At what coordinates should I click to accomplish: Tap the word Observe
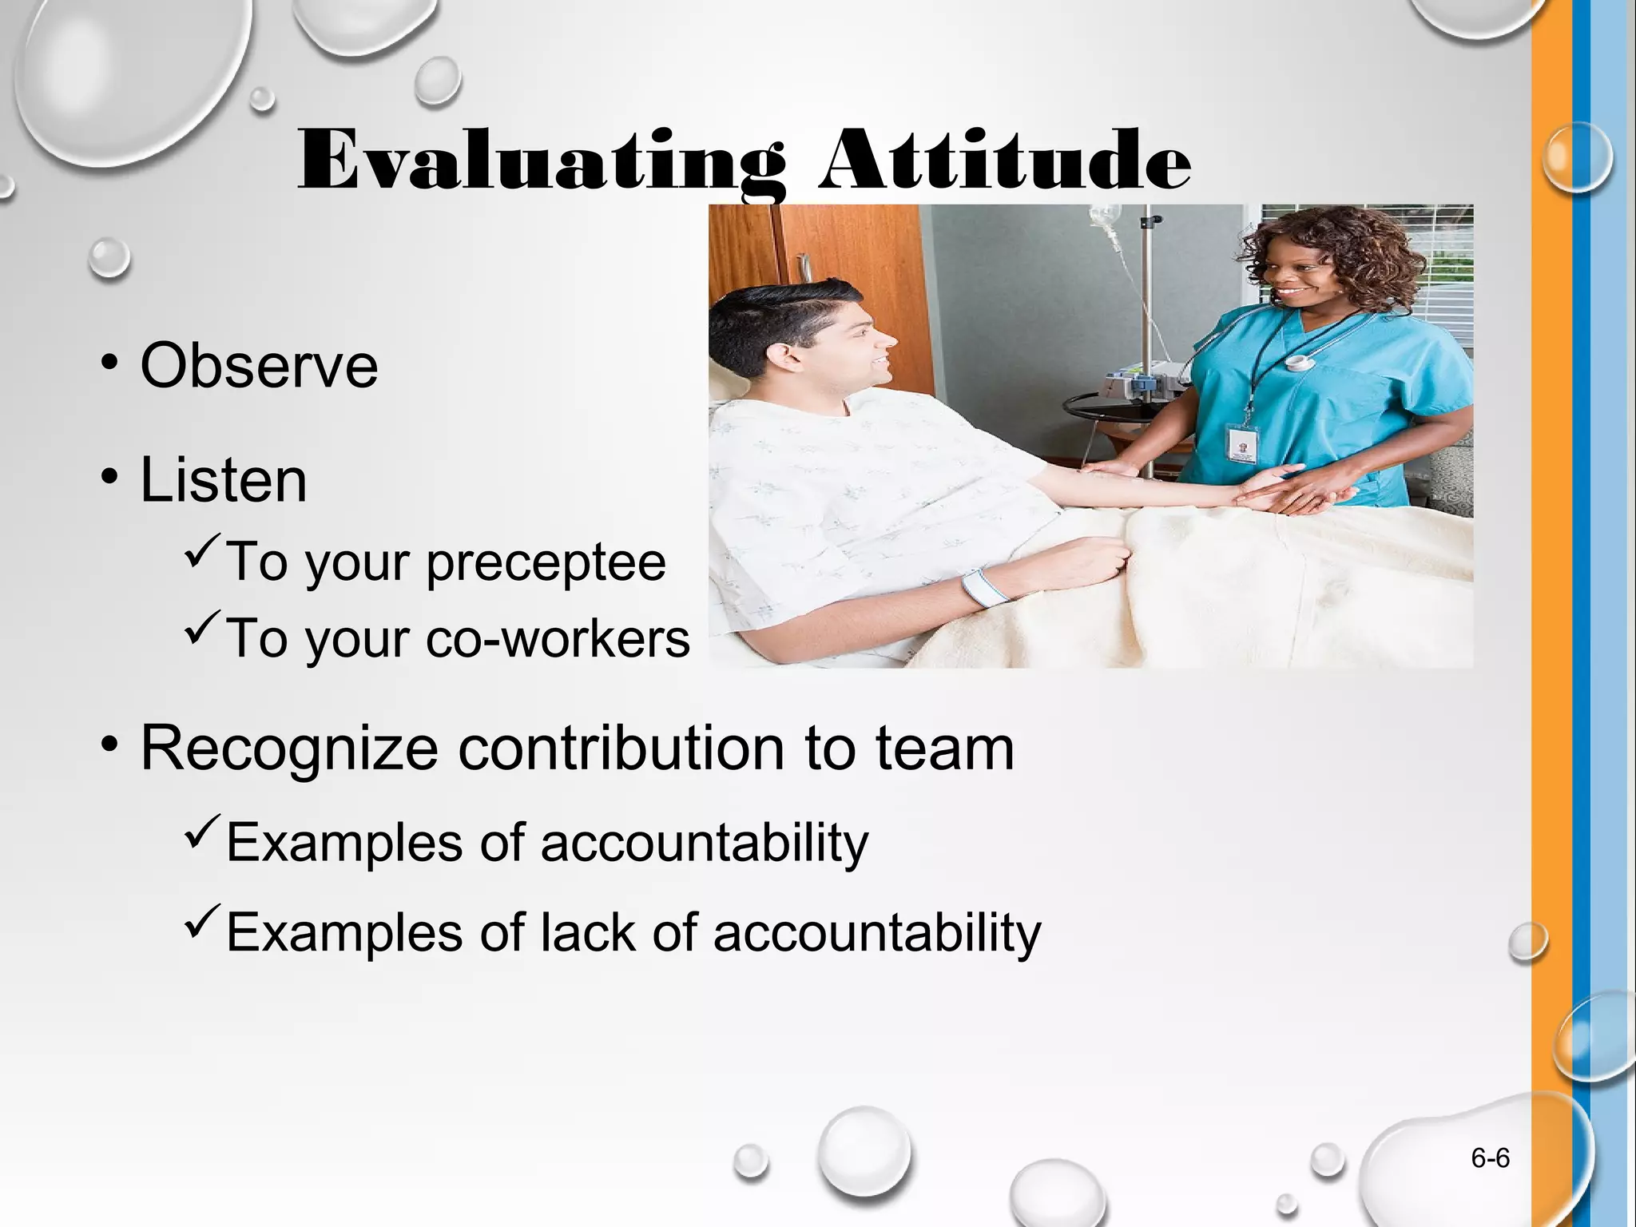pos(259,366)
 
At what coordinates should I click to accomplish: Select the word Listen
pos(224,480)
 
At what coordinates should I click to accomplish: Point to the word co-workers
pos(558,639)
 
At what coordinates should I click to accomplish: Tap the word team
pos(944,749)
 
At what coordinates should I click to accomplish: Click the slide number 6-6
pos(1490,1158)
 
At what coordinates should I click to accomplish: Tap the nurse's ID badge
pos(1242,442)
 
